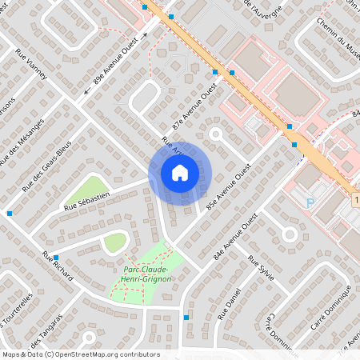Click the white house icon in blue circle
pyautogui.click(x=180, y=172)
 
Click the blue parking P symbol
pyautogui.click(x=310, y=202)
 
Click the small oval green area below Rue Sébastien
pyautogui.click(x=115, y=242)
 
